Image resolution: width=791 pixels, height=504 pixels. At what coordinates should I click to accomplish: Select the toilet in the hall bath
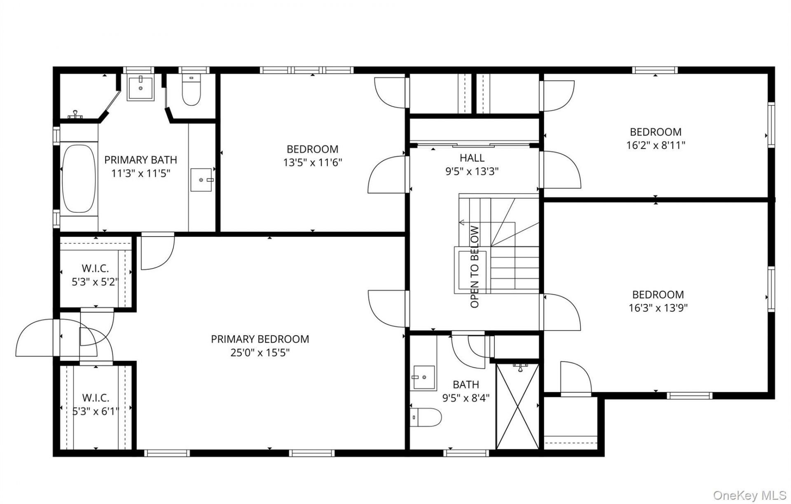point(426,417)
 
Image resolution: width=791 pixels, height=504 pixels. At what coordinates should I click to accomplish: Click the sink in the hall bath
point(424,377)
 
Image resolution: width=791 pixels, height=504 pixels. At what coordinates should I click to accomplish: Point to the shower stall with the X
point(517,406)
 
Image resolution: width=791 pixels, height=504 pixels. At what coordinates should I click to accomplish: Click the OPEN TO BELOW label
point(475,267)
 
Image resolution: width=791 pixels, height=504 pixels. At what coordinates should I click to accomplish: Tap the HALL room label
point(472,158)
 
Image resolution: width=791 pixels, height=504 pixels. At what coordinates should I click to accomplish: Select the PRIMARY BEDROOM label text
point(260,339)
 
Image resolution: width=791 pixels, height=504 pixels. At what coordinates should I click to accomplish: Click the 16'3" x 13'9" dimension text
point(658,308)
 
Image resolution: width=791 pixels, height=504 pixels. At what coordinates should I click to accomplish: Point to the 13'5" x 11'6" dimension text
point(313,162)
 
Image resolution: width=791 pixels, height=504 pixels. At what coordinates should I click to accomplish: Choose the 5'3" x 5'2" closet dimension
point(95,282)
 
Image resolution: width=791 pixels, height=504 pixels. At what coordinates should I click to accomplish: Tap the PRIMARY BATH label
point(140,160)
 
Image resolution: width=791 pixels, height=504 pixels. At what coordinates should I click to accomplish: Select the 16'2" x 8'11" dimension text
point(656,145)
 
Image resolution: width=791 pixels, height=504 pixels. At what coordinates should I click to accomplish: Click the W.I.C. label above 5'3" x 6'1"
point(96,398)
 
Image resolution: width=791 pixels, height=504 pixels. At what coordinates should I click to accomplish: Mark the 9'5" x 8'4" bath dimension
point(466,398)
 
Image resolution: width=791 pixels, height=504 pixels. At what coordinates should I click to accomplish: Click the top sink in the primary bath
point(141,88)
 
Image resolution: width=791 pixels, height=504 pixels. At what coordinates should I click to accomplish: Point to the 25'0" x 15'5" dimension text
point(260,353)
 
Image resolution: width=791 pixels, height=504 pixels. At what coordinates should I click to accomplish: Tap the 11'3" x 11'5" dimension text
point(141,173)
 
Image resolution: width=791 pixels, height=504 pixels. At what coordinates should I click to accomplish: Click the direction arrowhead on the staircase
point(461,223)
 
